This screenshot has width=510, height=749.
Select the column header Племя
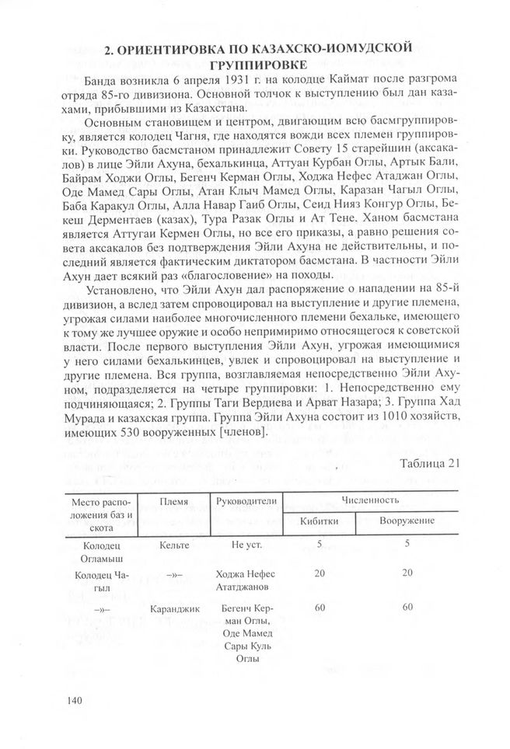(173, 502)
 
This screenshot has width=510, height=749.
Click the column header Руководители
(246, 502)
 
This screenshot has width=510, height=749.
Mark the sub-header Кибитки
(319, 521)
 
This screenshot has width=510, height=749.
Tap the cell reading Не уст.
(246, 545)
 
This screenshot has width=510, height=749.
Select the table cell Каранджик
(173, 608)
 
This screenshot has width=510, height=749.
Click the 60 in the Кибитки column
(319, 608)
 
